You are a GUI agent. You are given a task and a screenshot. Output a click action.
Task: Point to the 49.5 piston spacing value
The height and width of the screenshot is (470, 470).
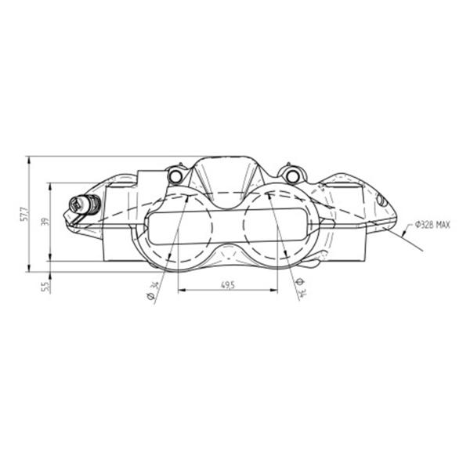228,285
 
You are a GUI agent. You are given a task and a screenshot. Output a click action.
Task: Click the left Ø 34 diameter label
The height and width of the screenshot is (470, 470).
154,290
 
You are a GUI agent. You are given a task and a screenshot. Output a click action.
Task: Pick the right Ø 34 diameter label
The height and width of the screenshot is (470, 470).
301,287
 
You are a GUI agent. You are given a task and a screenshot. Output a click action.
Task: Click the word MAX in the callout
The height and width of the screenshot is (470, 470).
443,224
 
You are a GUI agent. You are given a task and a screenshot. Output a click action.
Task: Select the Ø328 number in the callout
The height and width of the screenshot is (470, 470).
425,224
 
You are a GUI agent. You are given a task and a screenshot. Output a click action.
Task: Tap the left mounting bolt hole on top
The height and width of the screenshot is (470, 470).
175,176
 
